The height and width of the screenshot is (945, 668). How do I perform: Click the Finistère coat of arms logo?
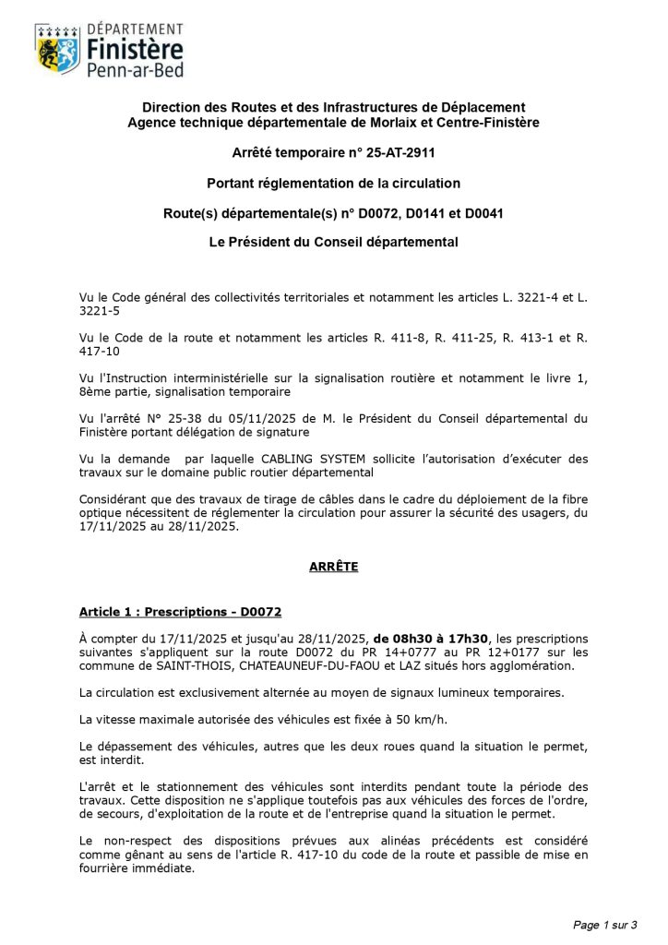56,49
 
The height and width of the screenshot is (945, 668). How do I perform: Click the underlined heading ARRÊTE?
333,567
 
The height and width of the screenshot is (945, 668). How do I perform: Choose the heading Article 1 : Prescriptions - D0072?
180,612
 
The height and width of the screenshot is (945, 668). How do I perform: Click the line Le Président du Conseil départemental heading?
333,243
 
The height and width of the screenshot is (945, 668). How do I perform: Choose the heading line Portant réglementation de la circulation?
333,183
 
